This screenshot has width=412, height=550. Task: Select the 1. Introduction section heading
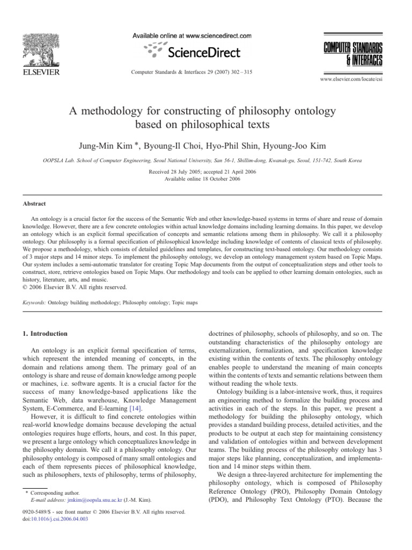(x=46, y=334)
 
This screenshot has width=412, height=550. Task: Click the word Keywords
(x=33, y=302)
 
